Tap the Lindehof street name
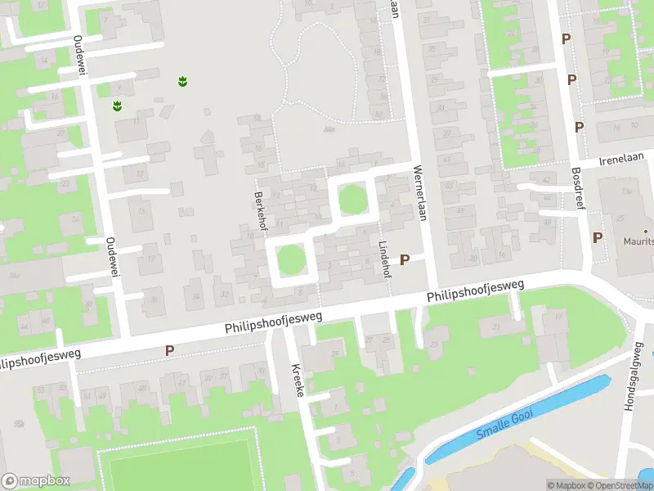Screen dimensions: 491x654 (x=385, y=259)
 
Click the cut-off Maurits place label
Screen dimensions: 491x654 (x=638, y=240)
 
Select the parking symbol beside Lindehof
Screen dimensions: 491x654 (x=404, y=259)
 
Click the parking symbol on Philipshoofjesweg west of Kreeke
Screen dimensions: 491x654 (x=169, y=350)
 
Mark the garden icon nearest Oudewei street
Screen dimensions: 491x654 (x=118, y=106)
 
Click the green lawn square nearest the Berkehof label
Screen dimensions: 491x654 (x=290, y=260)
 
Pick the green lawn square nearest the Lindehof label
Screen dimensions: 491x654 (x=353, y=199)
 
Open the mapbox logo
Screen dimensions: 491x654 (x=36, y=480)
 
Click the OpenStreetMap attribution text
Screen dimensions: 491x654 (x=620, y=485)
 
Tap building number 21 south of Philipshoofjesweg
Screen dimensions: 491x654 (x=496, y=328)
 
